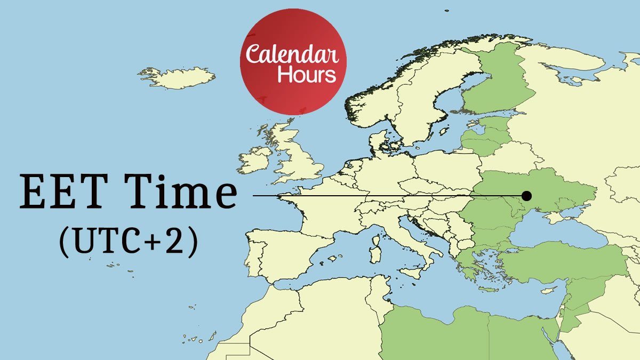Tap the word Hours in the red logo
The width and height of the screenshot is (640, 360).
pos(307,74)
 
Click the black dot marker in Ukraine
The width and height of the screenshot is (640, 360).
pos(527,195)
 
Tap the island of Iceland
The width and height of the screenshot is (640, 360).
pos(178,77)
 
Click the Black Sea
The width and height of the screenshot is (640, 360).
pos(555,232)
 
